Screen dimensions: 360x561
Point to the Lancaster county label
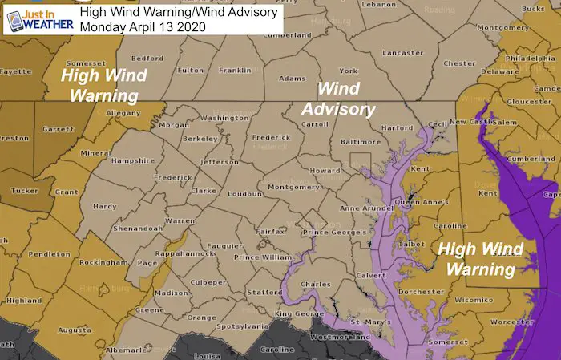[x=381, y=52]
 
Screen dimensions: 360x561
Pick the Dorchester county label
[x=424, y=292]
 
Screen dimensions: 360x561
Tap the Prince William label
[x=258, y=257]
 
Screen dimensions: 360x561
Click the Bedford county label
[x=147, y=59]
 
